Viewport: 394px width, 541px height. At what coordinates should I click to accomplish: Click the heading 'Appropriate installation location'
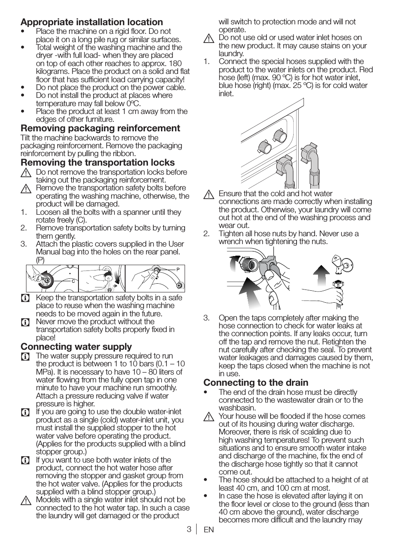coord(92,22)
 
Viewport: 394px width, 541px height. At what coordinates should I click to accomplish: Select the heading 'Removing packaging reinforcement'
coord(100,128)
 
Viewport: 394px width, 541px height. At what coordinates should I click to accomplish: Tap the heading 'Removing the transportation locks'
coord(98,162)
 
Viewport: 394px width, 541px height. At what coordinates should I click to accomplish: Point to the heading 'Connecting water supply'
coord(76,346)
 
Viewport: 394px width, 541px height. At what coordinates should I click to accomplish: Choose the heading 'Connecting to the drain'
coord(256,382)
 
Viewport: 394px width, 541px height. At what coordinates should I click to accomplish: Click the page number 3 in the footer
coord(188,529)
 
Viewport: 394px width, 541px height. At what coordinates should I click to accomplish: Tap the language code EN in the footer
coord(209,529)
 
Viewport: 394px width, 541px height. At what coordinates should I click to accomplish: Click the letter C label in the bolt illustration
coord(73,281)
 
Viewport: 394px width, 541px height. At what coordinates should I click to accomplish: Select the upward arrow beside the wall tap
coord(321,273)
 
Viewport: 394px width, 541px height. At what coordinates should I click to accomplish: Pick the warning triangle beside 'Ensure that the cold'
coord(209,194)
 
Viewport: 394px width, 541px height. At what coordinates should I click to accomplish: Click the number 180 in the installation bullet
coord(175,63)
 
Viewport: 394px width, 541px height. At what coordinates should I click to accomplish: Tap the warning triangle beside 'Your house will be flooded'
coord(209,417)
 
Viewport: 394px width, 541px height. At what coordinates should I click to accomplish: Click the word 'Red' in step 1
coord(366,69)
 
